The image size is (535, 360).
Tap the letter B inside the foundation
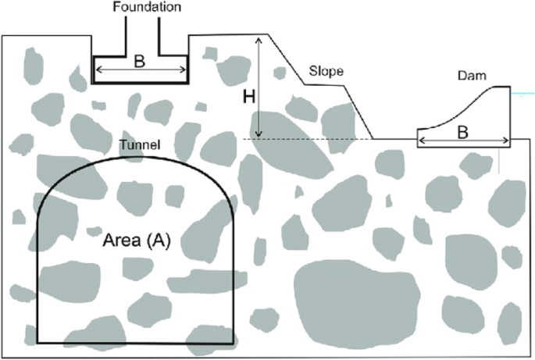[x=139, y=62]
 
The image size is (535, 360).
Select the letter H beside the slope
[x=248, y=98]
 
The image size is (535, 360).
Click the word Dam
[x=472, y=77]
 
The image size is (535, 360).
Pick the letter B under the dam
[x=462, y=134]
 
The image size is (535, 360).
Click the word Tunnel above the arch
[x=140, y=145]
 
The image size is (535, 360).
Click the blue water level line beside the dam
[x=522, y=95]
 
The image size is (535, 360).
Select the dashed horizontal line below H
[x=312, y=139]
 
